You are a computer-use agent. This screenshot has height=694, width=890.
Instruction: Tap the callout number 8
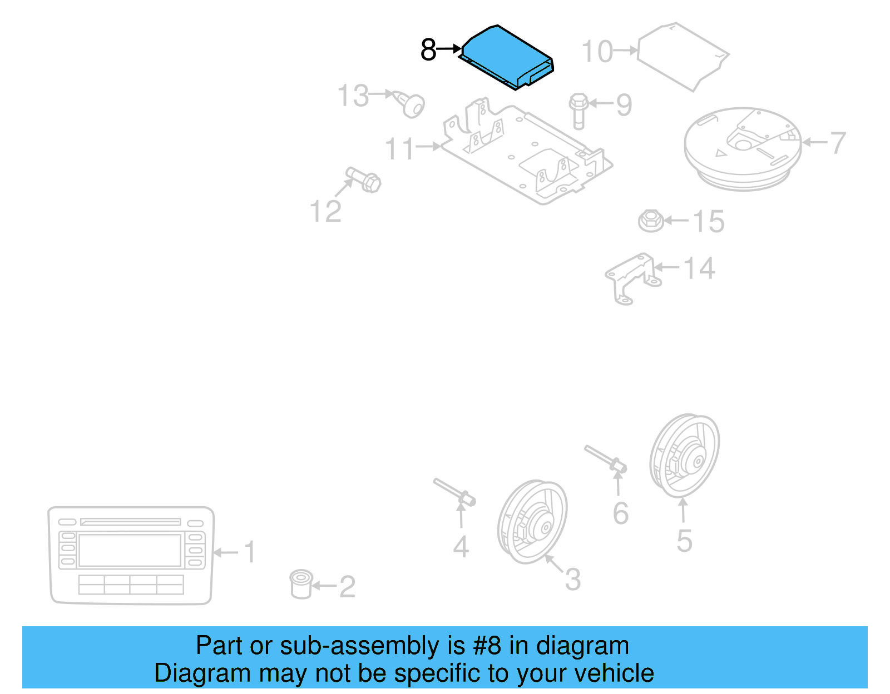point(428,50)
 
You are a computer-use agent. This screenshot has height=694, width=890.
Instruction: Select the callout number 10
point(597,52)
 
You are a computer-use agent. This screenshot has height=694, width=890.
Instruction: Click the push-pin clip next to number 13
point(412,104)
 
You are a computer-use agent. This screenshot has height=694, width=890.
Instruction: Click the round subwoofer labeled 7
point(743,147)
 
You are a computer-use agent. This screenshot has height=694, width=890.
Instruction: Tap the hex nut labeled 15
point(650,221)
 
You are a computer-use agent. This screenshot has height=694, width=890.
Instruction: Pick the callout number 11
point(400,149)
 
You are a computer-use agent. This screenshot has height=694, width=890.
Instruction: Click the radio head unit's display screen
point(130,550)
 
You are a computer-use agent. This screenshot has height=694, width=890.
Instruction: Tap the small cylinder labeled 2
point(301,584)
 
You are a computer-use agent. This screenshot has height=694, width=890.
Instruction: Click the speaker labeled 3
point(532,522)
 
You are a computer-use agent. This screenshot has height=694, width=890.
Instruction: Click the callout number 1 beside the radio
point(250,552)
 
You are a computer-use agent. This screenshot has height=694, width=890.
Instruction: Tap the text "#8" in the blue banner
point(487,646)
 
